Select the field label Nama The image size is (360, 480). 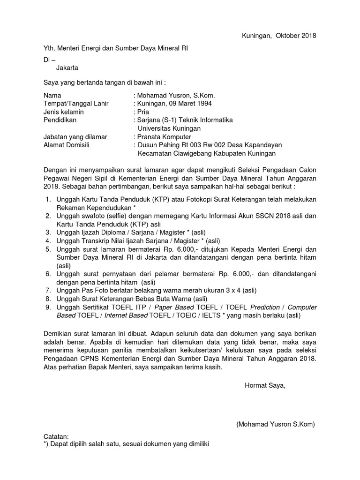click(52, 95)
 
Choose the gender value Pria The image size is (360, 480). click(142, 112)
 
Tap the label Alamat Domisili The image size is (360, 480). click(66, 145)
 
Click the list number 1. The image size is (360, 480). click(48, 199)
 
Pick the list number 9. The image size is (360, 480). click(48, 307)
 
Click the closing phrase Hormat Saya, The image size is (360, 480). click(264, 386)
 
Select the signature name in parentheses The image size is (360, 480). click(276, 424)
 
